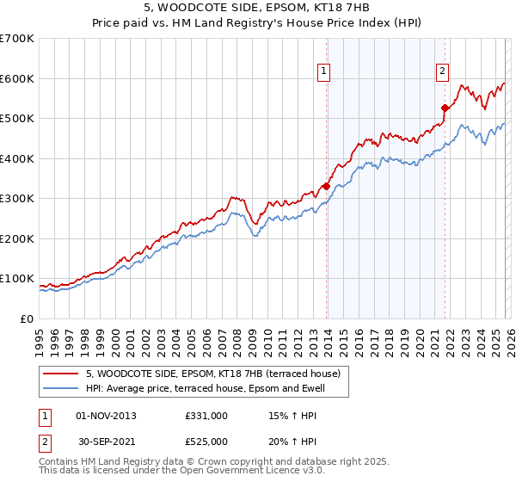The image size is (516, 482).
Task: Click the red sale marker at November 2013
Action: [x=326, y=186]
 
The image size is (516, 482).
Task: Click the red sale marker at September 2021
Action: [x=445, y=108]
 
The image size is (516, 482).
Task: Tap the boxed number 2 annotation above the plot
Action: [x=442, y=71]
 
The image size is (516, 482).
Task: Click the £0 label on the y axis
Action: [x=26, y=319]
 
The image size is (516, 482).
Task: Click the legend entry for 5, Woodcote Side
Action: [x=213, y=374]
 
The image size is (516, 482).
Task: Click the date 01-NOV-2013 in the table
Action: [x=106, y=416]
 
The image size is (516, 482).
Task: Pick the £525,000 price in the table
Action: [x=206, y=442]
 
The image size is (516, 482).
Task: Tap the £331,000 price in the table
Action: [x=206, y=416]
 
